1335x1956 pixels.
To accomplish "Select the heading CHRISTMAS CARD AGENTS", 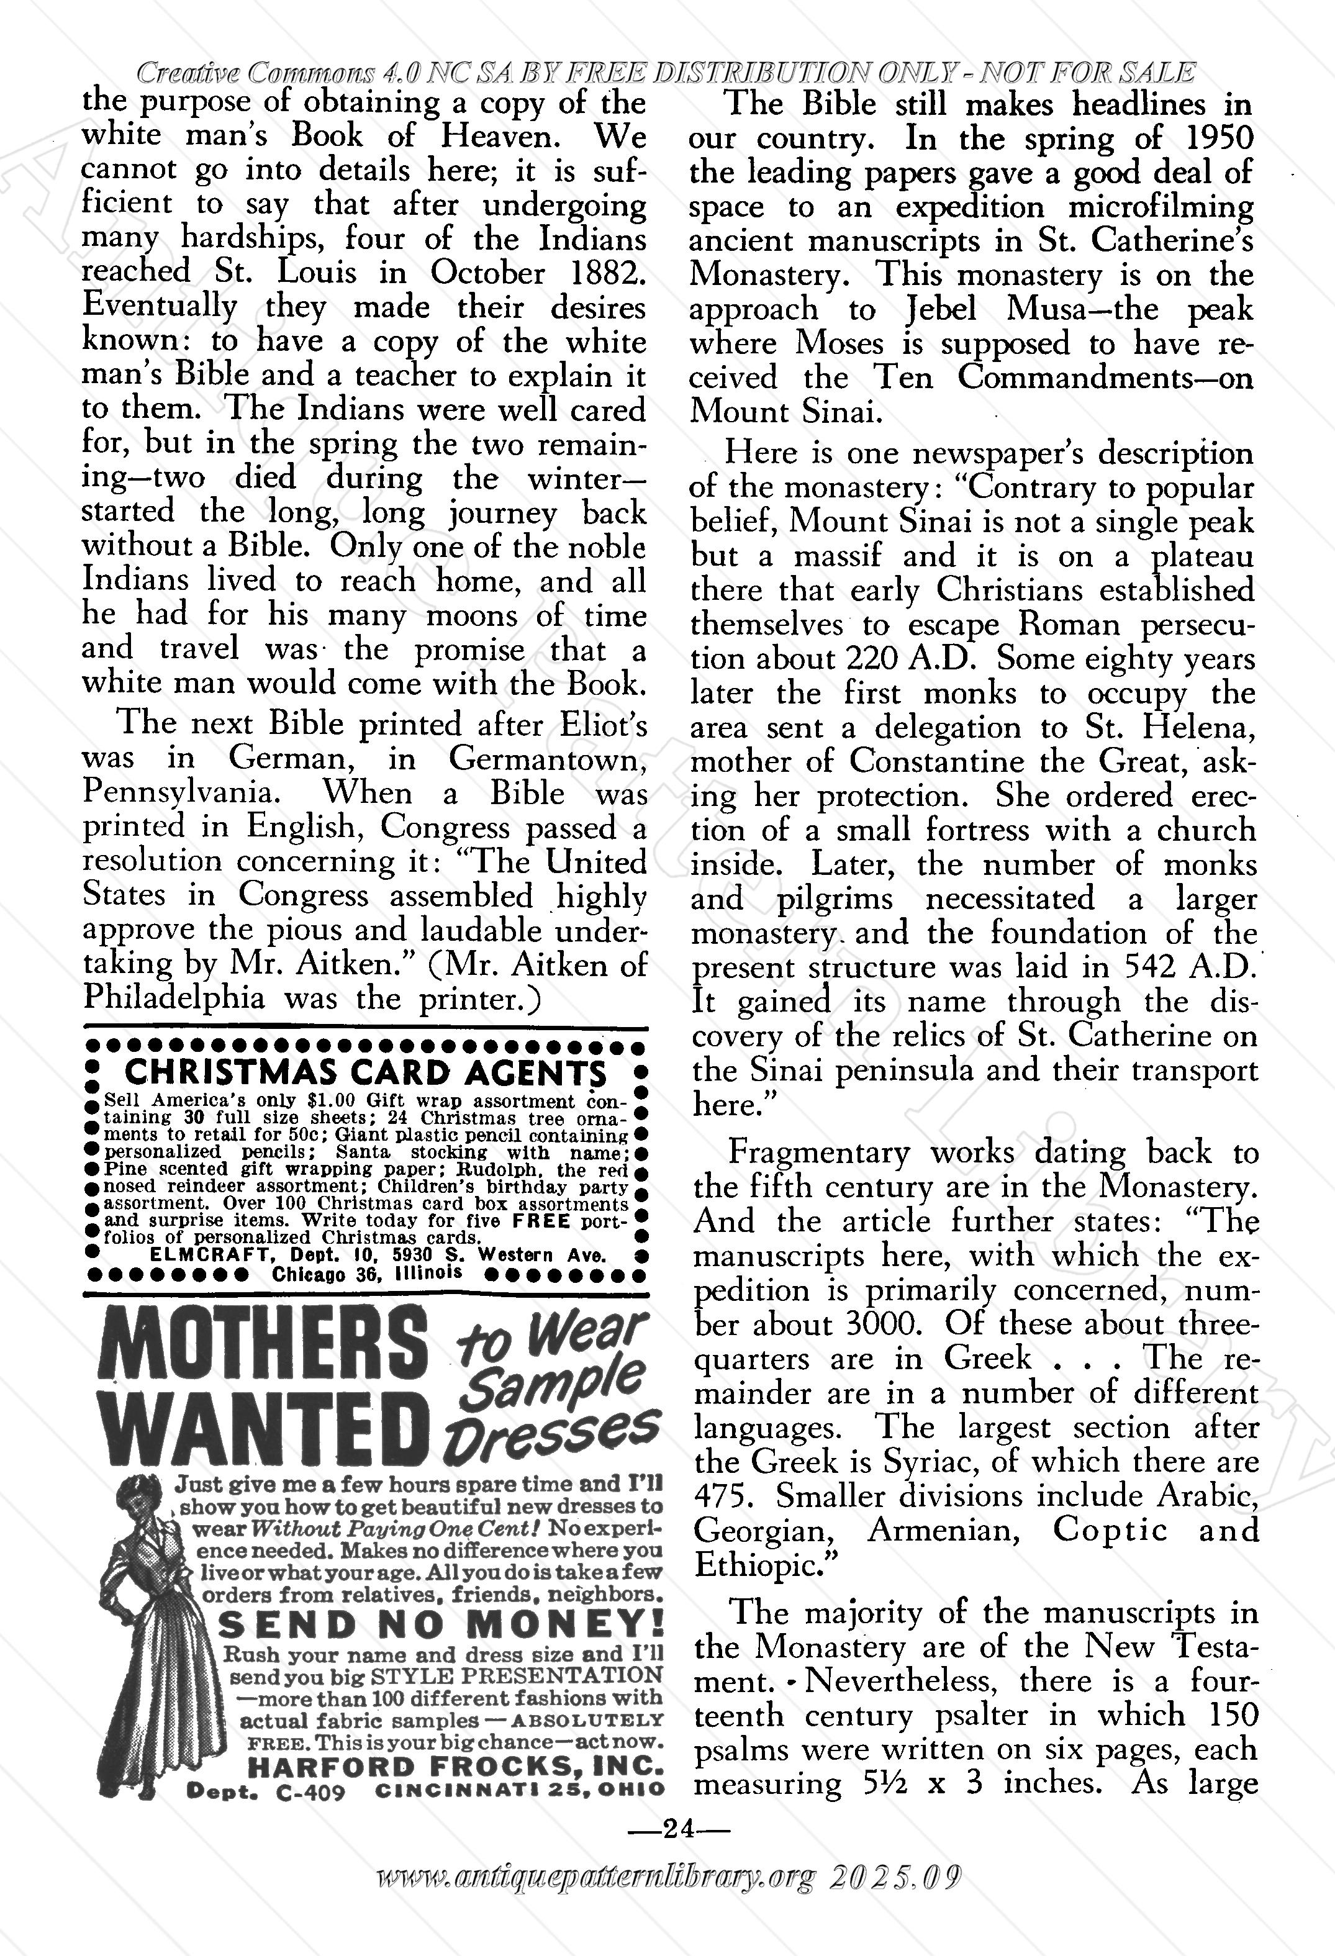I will (x=365, y=1072).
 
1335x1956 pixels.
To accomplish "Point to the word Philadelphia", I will (x=173, y=998).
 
